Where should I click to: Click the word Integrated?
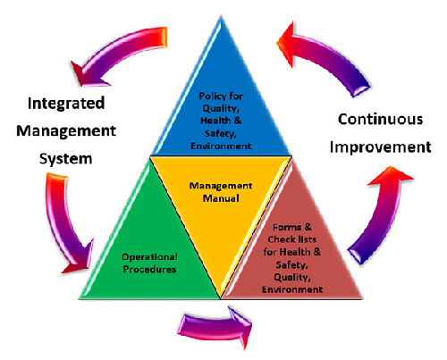point(66,105)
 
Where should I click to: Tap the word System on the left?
point(66,159)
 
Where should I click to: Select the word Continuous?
point(381,119)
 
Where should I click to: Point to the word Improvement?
point(381,147)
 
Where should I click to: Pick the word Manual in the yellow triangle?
point(221,198)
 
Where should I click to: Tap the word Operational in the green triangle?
point(150,257)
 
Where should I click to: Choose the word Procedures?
point(149,270)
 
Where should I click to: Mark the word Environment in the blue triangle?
point(221,147)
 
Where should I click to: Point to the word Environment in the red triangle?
point(292,289)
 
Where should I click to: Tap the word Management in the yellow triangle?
point(221,186)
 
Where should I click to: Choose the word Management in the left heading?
point(66,131)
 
